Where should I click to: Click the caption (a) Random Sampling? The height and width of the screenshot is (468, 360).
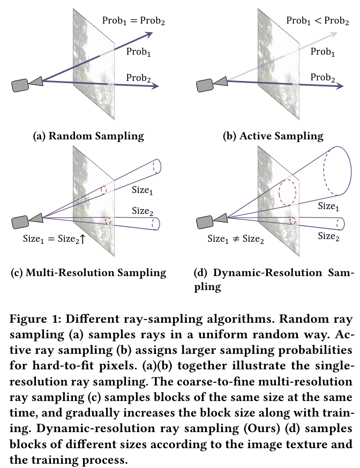click(x=88, y=136)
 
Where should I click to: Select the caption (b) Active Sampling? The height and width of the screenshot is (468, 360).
click(x=273, y=136)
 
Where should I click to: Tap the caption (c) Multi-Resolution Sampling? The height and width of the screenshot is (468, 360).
click(x=88, y=272)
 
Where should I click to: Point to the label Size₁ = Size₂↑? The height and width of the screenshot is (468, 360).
click(x=54, y=239)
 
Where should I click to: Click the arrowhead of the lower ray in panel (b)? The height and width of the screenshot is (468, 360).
click(x=337, y=86)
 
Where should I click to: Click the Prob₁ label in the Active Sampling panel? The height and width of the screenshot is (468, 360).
click(x=322, y=52)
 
